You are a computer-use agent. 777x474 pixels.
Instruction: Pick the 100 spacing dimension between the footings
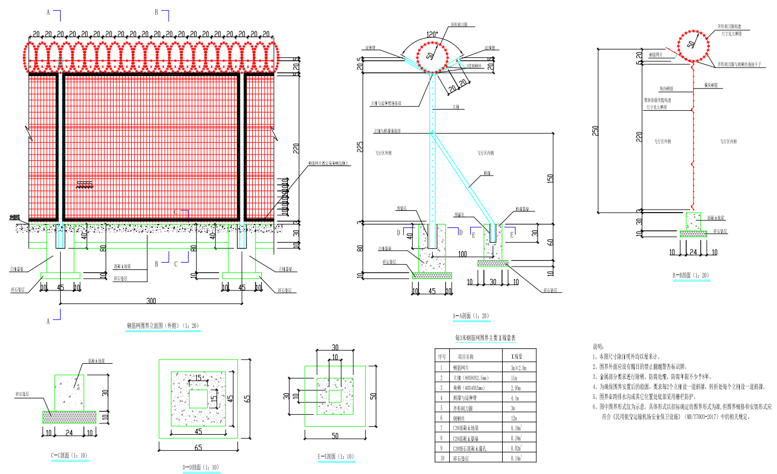click(x=462, y=253)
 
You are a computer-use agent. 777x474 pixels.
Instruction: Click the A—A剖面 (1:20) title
click(x=470, y=315)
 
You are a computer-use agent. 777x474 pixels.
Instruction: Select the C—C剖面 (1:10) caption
click(x=69, y=455)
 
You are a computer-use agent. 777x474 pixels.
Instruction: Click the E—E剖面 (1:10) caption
click(x=336, y=456)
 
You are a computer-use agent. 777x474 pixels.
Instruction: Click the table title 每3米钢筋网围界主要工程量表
click(x=486, y=337)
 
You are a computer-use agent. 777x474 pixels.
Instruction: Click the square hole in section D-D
click(x=198, y=398)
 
